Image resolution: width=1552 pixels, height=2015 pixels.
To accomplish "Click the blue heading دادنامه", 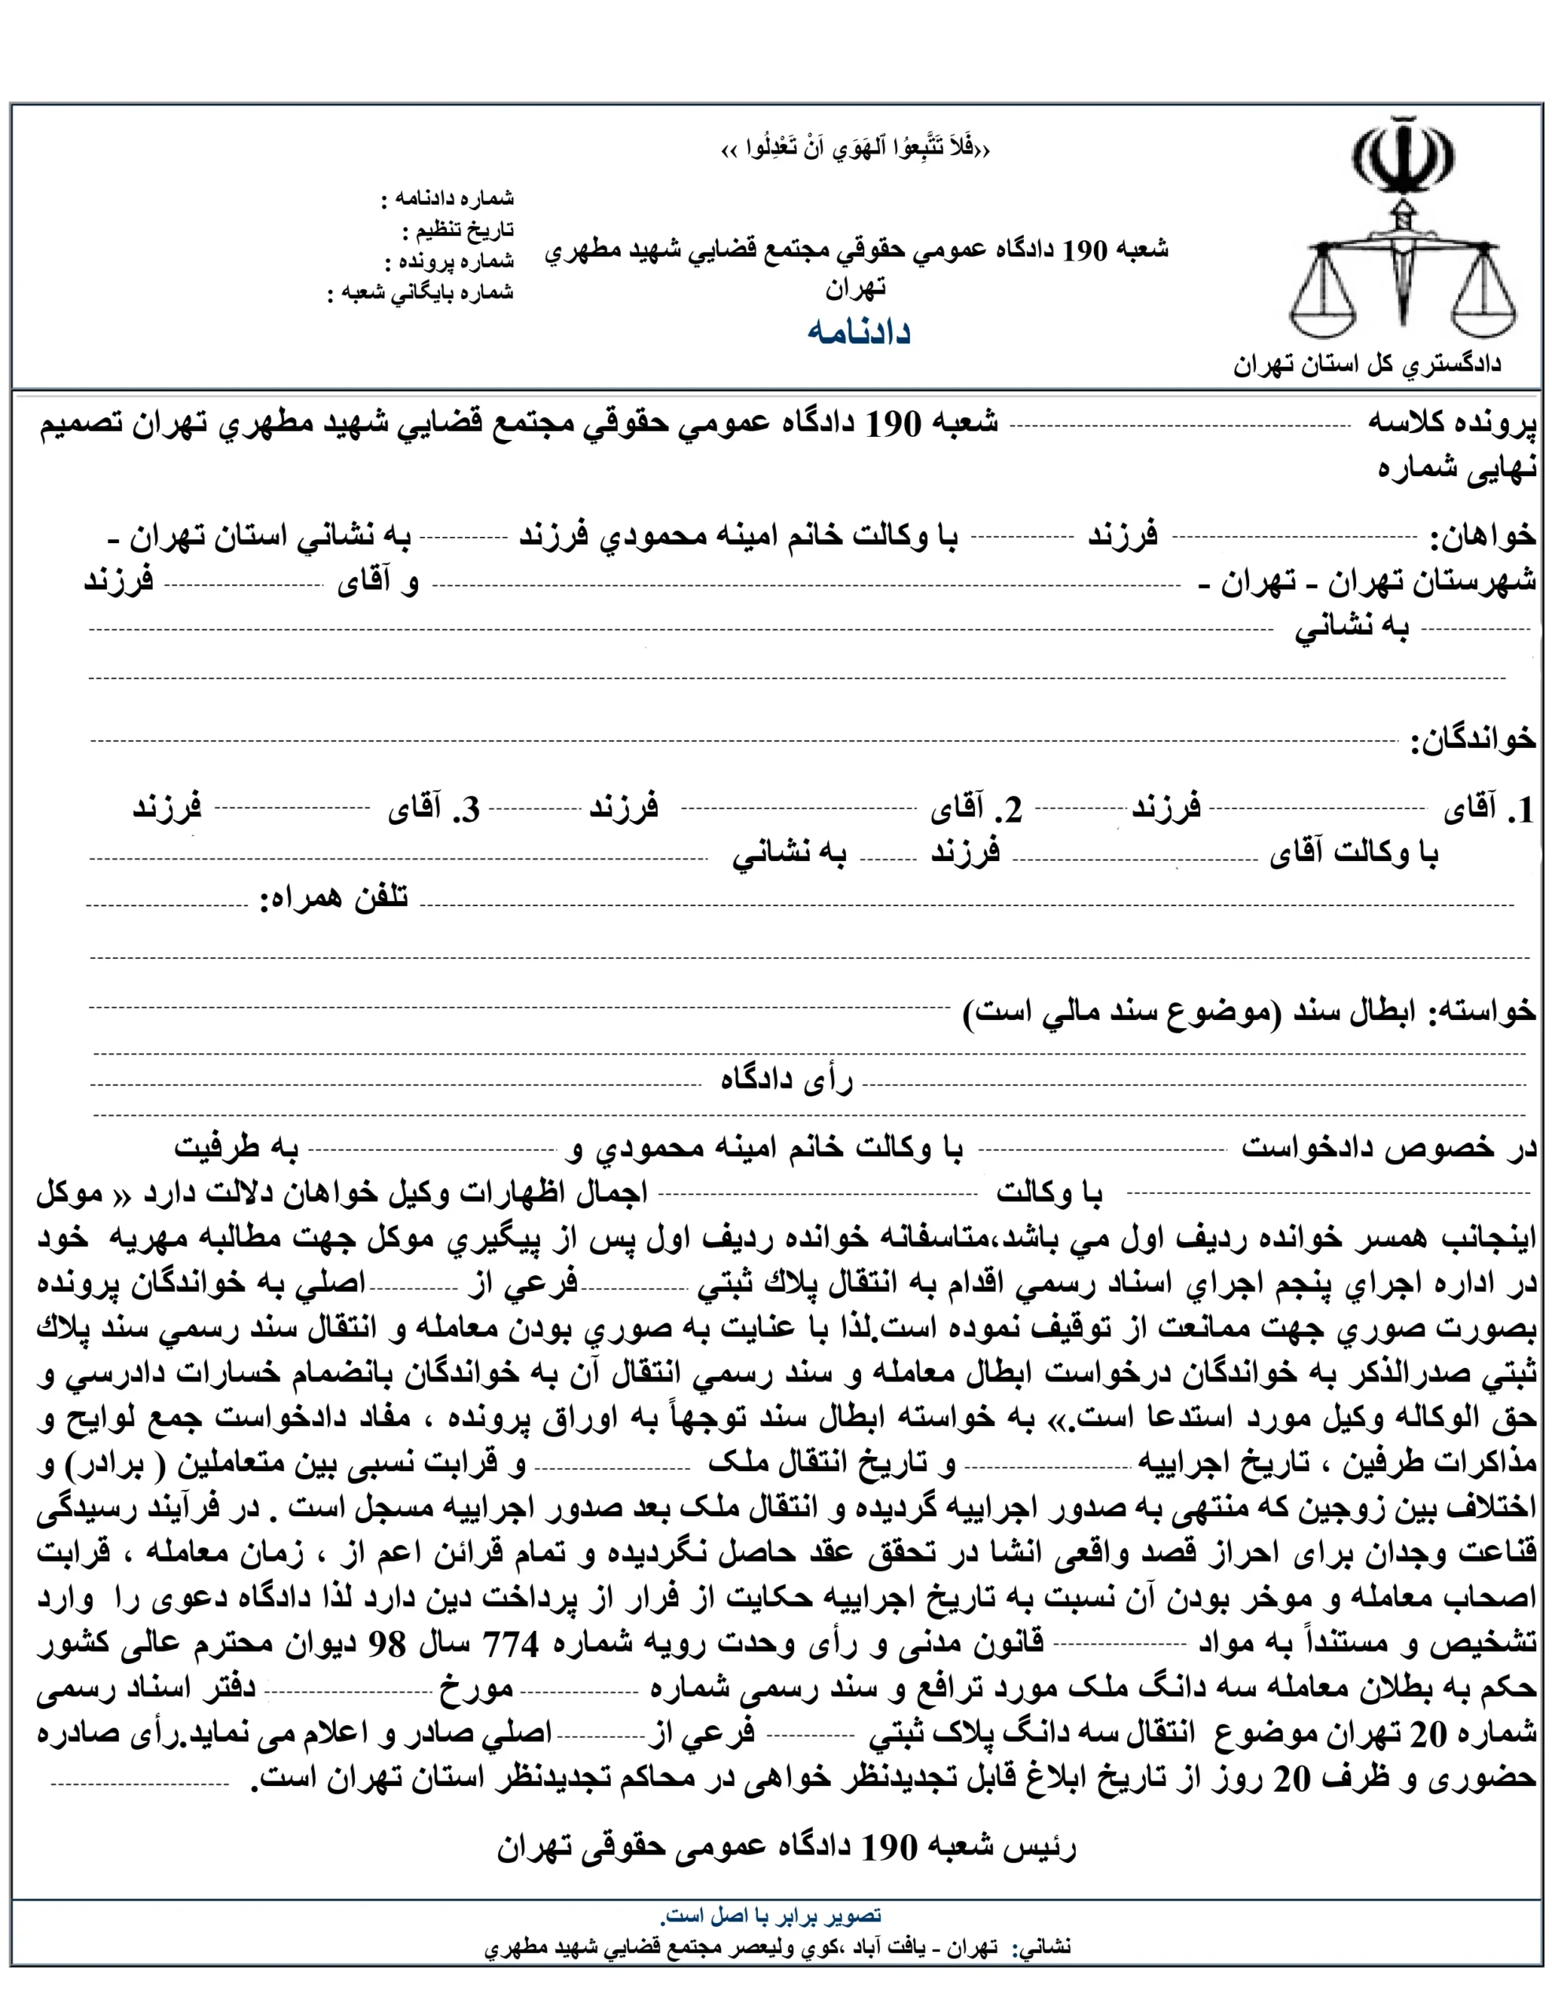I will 858,331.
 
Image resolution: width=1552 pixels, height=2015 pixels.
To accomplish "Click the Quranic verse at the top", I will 855,149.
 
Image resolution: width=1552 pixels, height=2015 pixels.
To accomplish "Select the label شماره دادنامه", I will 452,198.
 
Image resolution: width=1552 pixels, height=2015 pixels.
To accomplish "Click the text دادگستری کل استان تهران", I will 1368,364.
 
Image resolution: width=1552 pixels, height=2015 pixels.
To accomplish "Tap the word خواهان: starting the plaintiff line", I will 1483,535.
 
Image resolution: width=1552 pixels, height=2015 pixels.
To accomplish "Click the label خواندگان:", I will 1473,739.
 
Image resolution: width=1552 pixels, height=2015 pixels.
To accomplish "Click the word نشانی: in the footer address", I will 1042,1947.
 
